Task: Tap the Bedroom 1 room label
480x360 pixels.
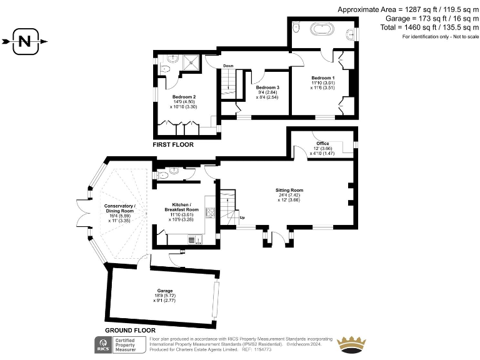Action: [324, 77]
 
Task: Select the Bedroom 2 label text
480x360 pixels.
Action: [184, 97]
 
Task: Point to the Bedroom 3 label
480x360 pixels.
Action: [267, 87]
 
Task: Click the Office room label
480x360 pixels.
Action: [322, 144]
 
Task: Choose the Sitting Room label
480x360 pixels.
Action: [289, 190]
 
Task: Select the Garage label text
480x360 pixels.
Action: [164, 291]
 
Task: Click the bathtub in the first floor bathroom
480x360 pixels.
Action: [323, 29]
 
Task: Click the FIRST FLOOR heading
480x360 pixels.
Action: [173, 144]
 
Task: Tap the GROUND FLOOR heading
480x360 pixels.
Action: [130, 330]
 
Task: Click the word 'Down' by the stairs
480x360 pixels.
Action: [229, 66]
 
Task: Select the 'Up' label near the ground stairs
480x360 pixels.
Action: [242, 217]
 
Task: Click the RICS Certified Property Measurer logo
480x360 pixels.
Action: [119, 344]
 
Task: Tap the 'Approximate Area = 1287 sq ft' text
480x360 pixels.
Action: [408, 9]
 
